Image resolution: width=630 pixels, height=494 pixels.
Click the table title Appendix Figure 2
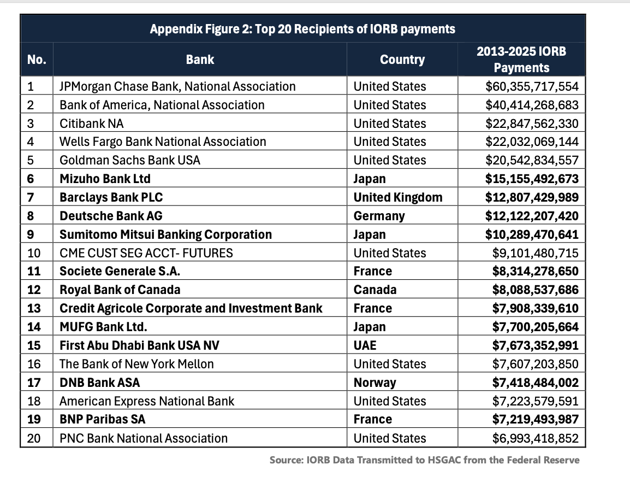click(302, 29)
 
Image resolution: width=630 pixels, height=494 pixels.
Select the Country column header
click(402, 60)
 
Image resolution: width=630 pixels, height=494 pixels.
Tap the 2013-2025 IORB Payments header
click(521, 60)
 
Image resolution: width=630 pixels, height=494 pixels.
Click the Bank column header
click(200, 60)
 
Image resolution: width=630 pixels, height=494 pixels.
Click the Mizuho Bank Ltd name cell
click(105, 179)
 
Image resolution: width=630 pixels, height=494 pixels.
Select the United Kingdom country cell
click(398, 197)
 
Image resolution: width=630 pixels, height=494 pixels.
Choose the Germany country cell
click(379, 216)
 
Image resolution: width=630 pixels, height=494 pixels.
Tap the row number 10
click(33, 253)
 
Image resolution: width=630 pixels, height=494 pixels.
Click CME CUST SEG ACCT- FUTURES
click(146, 253)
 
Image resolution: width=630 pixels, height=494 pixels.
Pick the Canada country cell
click(375, 290)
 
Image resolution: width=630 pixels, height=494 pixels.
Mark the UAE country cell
click(365, 345)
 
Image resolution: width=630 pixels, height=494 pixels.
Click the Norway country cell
click(375, 383)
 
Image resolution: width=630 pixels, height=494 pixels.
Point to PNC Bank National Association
click(144, 438)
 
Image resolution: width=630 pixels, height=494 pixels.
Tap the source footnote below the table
click(424, 460)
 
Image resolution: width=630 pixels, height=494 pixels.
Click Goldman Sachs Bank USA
click(130, 160)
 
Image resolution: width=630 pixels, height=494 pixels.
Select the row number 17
click(33, 383)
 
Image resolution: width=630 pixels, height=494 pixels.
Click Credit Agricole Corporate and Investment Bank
click(191, 308)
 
